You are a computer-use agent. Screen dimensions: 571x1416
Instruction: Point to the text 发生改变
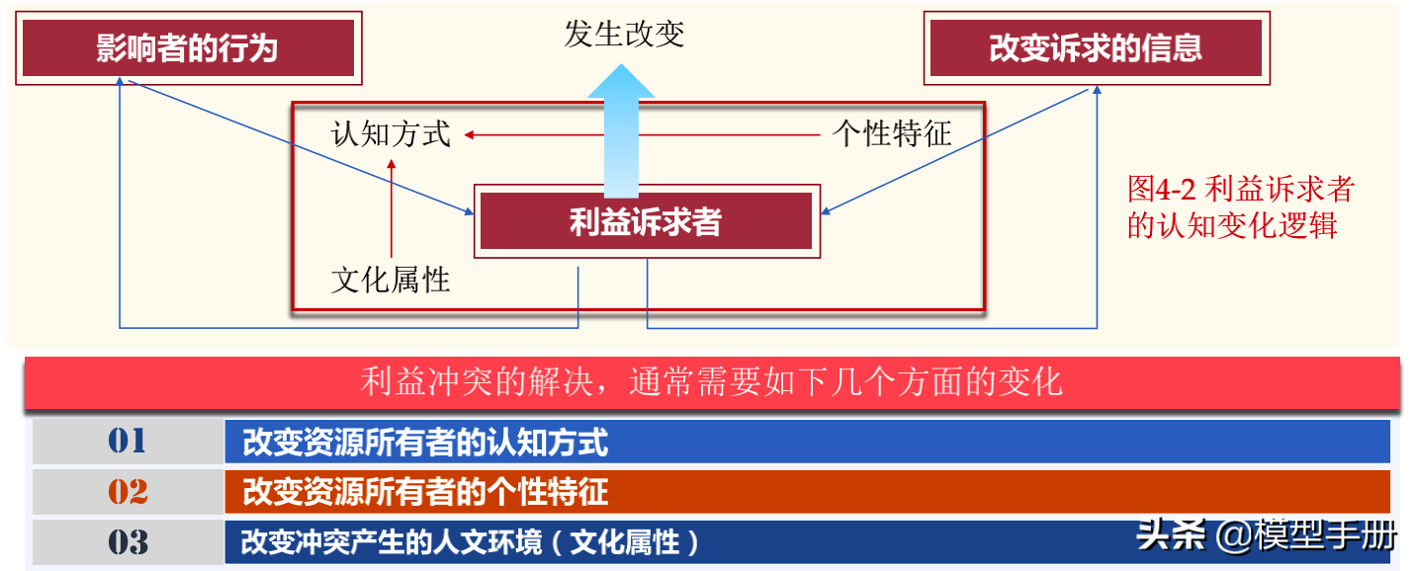coord(624,35)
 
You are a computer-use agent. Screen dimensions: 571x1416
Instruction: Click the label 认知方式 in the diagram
coord(391,133)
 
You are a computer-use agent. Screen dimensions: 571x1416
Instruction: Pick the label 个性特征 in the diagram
coord(892,133)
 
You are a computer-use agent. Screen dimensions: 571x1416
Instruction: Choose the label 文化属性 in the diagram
coord(391,280)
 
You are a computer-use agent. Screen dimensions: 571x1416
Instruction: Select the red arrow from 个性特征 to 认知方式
coord(643,133)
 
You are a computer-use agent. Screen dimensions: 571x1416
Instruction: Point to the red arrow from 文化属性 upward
coord(392,207)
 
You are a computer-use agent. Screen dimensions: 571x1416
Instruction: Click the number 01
coord(127,442)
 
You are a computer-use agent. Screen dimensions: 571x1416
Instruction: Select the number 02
coord(127,492)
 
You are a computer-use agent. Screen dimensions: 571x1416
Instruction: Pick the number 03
coord(127,542)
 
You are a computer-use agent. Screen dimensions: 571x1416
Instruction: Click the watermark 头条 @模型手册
coord(1266,535)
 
